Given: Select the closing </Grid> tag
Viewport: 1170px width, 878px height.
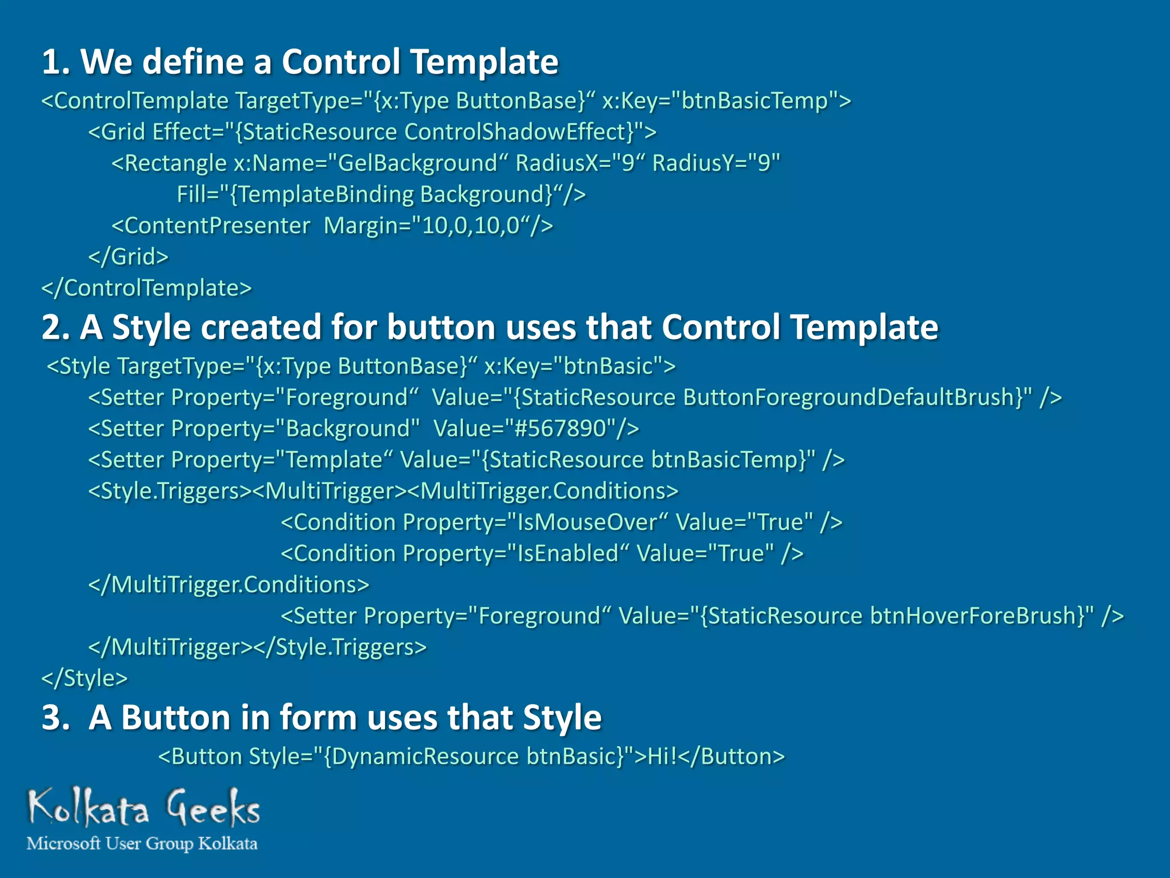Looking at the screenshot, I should (128, 257).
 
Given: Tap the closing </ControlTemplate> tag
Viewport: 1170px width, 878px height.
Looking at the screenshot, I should (146, 288).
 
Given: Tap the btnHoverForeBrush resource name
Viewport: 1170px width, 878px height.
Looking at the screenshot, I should (977, 616).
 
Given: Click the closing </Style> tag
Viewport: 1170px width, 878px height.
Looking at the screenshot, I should (85, 679).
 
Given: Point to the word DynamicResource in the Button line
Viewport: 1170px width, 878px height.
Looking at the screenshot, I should (425, 757).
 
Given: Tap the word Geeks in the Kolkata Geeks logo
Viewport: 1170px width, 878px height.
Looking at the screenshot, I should (214, 808).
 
